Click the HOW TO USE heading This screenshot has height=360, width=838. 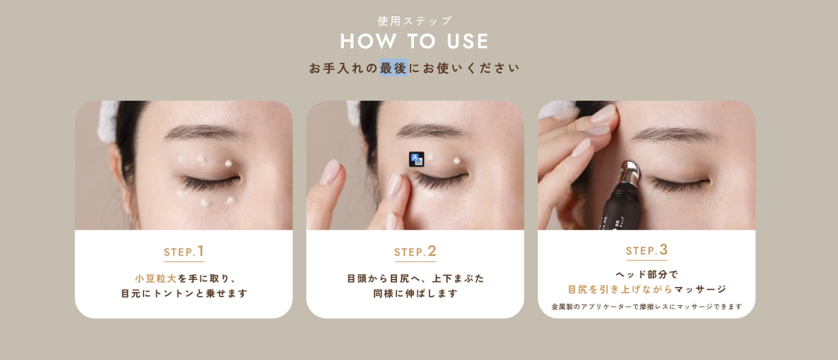414,42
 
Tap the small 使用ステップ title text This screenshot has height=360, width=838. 415,20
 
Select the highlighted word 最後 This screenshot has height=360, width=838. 394,68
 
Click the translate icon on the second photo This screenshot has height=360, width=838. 417,160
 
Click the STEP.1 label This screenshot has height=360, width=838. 184,251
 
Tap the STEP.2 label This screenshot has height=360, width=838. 415,251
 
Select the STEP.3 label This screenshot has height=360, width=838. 647,250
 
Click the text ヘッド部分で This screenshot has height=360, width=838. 647,275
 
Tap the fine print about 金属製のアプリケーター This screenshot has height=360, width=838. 647,307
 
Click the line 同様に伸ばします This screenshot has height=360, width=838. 415,294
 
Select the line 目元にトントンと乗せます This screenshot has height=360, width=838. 184,294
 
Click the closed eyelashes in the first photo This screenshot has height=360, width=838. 209,183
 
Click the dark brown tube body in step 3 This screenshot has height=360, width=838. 620,205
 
